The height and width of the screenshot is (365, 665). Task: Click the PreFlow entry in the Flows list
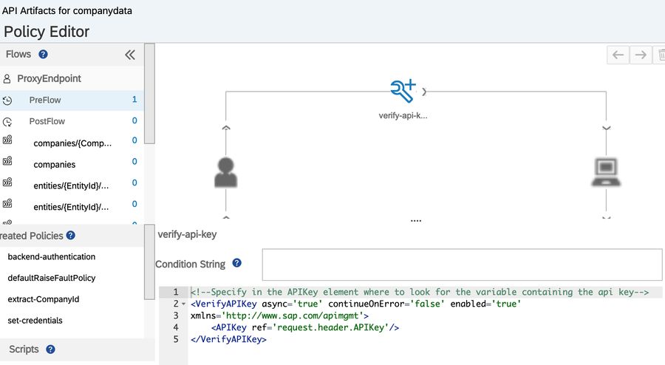click(45, 100)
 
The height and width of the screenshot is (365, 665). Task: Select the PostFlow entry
click(47, 121)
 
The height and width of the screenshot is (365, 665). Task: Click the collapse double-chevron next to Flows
click(130, 55)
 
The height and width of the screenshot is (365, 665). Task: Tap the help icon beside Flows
click(44, 54)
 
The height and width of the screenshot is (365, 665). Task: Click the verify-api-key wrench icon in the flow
click(403, 91)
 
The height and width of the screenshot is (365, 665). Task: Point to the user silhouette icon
click(225, 173)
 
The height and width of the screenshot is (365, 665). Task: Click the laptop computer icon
click(606, 172)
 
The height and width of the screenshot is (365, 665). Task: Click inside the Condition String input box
click(462, 265)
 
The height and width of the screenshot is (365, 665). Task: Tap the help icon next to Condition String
click(236, 263)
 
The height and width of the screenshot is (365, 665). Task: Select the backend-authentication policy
click(51, 256)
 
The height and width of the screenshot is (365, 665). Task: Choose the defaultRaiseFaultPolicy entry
click(51, 278)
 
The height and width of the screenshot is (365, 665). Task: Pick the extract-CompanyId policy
click(44, 299)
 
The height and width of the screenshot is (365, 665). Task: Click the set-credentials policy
click(35, 320)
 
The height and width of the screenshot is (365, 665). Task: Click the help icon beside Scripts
click(50, 349)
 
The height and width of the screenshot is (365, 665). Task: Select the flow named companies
click(54, 165)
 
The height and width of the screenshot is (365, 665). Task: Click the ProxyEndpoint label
click(49, 78)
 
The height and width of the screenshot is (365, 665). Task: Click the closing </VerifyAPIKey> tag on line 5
click(228, 339)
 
